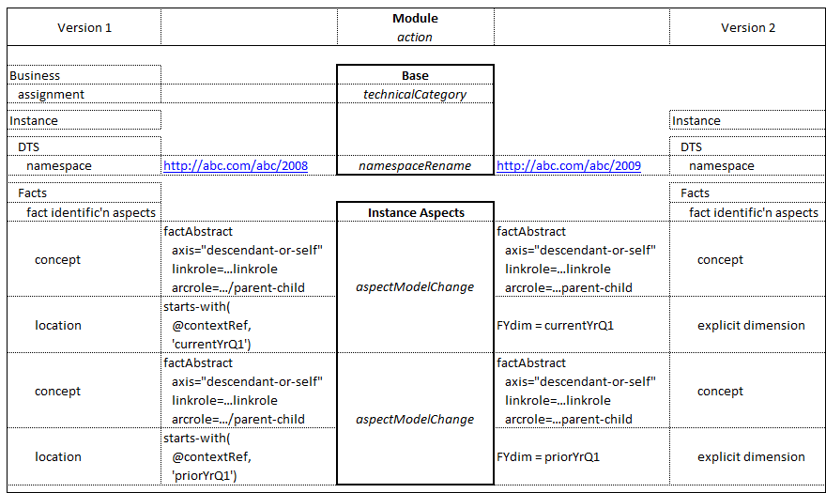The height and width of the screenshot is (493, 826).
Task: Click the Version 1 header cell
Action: click(x=84, y=28)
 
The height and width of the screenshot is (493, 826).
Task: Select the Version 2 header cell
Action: click(x=748, y=28)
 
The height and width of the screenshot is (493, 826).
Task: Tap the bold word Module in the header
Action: click(x=415, y=19)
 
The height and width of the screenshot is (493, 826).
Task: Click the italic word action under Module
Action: click(x=415, y=38)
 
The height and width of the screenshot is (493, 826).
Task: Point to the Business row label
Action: click(x=35, y=75)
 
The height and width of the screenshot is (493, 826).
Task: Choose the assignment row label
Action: click(x=51, y=95)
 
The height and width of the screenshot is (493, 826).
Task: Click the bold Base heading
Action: click(x=415, y=76)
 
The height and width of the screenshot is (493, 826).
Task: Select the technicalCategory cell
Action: click(x=415, y=95)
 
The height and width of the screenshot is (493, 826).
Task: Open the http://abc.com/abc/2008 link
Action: click(x=236, y=166)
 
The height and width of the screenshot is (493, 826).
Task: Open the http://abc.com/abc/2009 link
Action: click(x=569, y=166)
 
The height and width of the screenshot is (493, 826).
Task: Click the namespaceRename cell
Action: click(x=415, y=166)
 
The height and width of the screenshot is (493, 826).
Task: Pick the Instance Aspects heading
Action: click(x=416, y=213)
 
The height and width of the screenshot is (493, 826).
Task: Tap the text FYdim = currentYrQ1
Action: click(x=556, y=325)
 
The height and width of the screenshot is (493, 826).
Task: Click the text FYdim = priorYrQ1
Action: click(x=548, y=457)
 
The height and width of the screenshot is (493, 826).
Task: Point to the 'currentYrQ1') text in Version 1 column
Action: click(x=211, y=345)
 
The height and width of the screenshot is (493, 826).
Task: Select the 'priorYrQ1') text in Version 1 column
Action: click(x=205, y=475)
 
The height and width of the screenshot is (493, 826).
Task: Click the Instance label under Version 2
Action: click(x=696, y=121)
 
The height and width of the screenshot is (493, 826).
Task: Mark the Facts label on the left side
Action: click(x=33, y=193)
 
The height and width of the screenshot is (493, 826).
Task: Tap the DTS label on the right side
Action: click(x=692, y=147)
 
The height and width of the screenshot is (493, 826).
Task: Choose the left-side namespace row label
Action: click(x=59, y=166)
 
